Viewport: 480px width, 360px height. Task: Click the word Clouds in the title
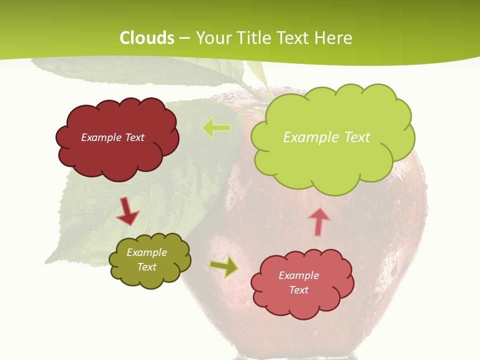coord(147,38)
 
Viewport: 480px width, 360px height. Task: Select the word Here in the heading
coord(333,38)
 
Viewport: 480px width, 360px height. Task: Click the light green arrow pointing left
coord(216,127)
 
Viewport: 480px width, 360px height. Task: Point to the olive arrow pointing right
coord(224,266)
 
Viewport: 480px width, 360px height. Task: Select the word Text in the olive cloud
coord(147,267)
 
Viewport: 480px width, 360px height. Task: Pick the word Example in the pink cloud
coord(298,275)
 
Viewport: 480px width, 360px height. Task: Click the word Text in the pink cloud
coord(298,290)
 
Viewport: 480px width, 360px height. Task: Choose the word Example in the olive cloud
coord(147,252)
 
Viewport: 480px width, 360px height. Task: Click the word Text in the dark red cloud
coord(134,137)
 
